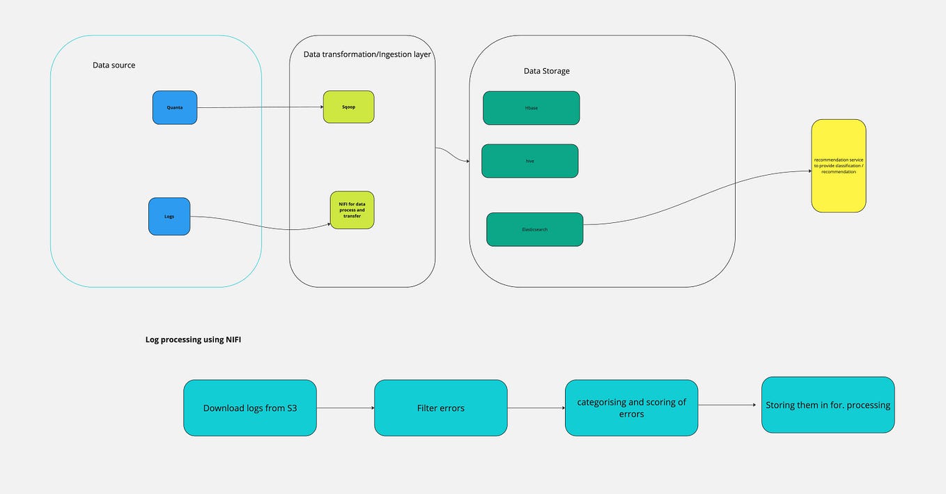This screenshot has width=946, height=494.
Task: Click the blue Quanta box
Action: click(x=175, y=107)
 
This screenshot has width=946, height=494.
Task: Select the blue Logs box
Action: click(x=169, y=216)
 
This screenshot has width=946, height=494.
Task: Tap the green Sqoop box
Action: click(x=348, y=107)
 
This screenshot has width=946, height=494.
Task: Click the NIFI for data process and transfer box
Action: click(x=352, y=210)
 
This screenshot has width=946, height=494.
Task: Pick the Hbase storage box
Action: click(x=531, y=108)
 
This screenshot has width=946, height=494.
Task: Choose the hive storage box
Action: click(x=529, y=161)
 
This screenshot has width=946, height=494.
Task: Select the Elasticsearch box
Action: click(x=534, y=229)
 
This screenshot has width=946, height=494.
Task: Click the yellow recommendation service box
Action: click(x=838, y=165)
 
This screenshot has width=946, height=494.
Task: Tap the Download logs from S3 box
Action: click(x=249, y=408)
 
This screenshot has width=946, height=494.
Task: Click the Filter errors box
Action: click(x=440, y=408)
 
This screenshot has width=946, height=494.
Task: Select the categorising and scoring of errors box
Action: click(x=631, y=408)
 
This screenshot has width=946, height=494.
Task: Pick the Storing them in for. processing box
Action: click(x=828, y=405)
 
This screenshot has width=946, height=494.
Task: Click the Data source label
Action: click(x=114, y=65)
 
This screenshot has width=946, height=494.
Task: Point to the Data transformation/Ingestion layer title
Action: click(x=367, y=54)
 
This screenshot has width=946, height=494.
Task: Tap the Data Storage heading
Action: click(x=546, y=71)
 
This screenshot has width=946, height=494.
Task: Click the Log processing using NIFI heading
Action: click(x=193, y=339)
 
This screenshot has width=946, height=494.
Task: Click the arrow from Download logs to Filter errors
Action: click(x=345, y=408)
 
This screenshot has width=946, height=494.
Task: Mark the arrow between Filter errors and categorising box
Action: click(x=536, y=408)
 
